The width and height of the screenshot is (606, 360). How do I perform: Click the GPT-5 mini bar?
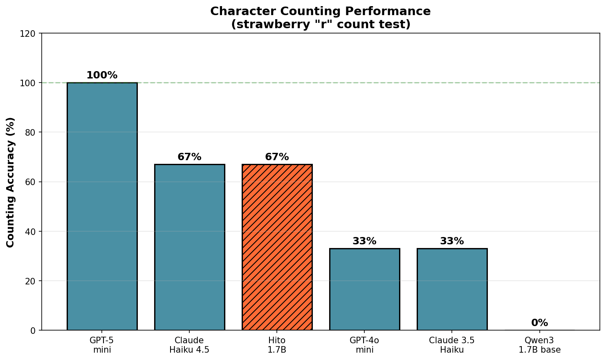[102, 206]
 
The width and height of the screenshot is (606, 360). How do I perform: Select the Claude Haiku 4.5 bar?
[189, 247]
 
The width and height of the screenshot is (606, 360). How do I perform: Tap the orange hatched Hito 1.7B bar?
[277, 247]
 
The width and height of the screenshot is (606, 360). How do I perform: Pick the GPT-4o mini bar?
[364, 289]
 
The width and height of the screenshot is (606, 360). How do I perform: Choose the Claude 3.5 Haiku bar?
[452, 289]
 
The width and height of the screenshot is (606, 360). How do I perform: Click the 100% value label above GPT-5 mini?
[102, 75]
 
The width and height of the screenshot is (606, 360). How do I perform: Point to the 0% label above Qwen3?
[539, 323]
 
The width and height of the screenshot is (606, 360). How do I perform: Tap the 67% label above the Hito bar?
[277, 157]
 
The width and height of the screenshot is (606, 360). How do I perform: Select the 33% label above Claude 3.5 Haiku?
[452, 241]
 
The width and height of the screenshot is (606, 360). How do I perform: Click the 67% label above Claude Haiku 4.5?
[189, 157]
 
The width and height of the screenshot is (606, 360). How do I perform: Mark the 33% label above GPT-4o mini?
[364, 241]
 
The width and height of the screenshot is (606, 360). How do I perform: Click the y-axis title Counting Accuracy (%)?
[11, 182]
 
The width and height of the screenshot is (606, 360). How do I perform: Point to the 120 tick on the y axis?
[28, 34]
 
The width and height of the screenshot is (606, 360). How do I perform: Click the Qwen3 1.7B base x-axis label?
[539, 345]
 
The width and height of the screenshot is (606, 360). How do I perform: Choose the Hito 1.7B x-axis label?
[277, 345]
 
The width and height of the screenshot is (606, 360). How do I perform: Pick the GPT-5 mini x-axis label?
[102, 345]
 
